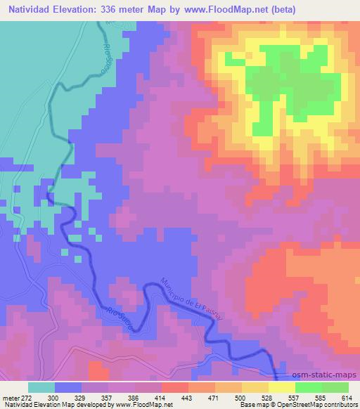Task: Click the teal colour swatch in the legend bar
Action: coord(41,387)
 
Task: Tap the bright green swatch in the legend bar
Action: coord(309,387)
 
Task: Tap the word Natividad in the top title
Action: coord(27,10)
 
